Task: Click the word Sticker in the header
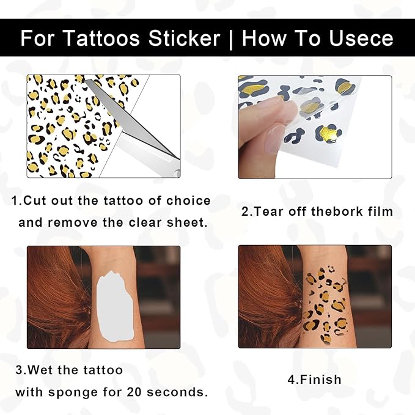[x=184, y=39]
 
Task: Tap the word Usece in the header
[x=361, y=39]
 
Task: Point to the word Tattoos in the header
[x=101, y=39]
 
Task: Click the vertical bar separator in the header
[x=231, y=39]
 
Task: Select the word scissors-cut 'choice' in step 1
[x=188, y=200]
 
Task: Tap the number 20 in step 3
[x=134, y=392]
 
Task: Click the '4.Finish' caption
[x=314, y=380]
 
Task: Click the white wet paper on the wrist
[x=115, y=306]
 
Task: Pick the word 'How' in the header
[x=264, y=39]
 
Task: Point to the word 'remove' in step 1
[x=73, y=222]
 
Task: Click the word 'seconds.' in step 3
[x=178, y=392]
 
